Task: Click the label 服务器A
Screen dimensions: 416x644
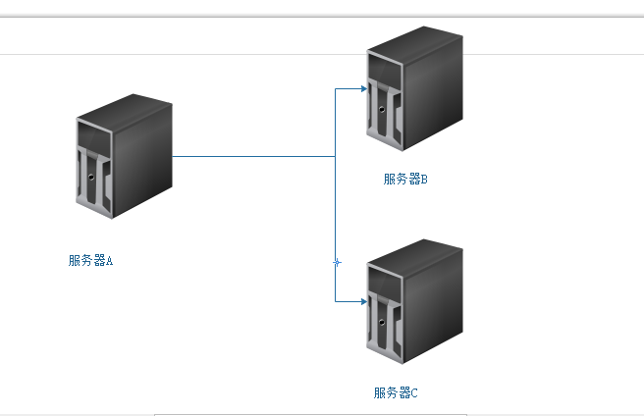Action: coord(90,261)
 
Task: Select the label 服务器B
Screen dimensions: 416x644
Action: coord(405,180)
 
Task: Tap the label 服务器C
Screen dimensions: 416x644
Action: coord(396,393)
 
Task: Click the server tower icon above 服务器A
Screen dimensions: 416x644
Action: coord(124,157)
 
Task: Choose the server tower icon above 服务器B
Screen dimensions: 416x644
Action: coord(412,90)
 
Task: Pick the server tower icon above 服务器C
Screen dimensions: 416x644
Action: coord(412,302)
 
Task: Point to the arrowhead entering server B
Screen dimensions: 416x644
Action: coord(363,89)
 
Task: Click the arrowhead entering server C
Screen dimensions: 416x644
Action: coord(363,301)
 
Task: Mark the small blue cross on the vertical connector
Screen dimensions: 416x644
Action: coord(337,262)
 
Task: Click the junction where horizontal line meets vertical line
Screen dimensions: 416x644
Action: coord(336,156)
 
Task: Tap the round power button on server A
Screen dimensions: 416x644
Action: coord(91,178)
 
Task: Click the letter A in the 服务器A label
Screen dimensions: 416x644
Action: coord(109,261)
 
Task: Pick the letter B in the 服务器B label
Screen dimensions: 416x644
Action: coord(424,180)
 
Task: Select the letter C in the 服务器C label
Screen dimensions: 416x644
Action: coord(414,393)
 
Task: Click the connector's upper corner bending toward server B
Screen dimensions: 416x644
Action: coord(336,89)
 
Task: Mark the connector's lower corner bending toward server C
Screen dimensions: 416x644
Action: coord(336,301)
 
